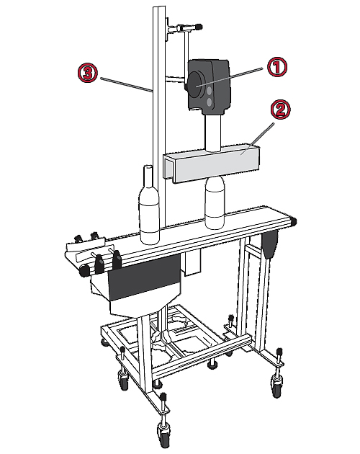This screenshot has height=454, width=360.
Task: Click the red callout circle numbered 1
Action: [x=276, y=67]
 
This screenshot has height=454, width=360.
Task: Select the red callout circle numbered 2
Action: [x=280, y=110]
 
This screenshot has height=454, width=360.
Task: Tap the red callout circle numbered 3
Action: [x=87, y=73]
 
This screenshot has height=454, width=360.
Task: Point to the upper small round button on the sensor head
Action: [x=210, y=91]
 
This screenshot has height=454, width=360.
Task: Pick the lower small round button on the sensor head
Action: [x=210, y=102]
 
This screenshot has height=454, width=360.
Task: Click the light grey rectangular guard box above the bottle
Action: [x=212, y=164]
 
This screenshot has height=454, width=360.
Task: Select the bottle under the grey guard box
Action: [x=215, y=202]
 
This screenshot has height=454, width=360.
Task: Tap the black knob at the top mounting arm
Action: [x=199, y=27]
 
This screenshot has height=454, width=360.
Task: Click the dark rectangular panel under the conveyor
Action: [x=144, y=278]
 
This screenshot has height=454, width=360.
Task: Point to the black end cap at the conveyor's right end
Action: [x=294, y=222]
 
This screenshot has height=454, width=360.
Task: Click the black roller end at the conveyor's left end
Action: [x=85, y=271]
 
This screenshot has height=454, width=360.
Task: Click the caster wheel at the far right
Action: [x=276, y=387]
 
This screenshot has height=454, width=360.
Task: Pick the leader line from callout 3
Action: [x=127, y=84]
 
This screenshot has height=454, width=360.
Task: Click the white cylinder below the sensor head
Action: [x=214, y=133]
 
